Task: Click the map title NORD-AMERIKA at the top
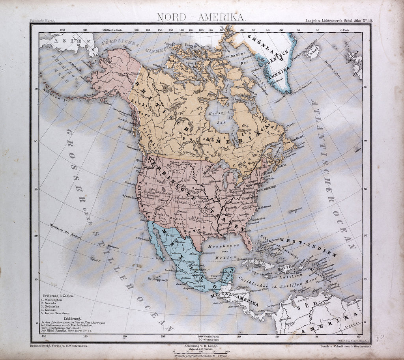[x=201, y=17]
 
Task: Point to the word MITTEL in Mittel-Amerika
[x=221, y=294]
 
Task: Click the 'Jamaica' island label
[x=269, y=273]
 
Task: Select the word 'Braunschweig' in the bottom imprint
[x=42, y=345]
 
